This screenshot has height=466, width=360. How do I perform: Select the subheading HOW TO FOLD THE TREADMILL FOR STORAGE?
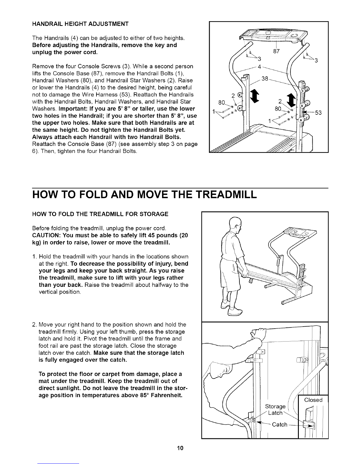100,214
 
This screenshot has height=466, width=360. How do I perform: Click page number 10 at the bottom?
180,448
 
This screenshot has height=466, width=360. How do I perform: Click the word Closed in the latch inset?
314,400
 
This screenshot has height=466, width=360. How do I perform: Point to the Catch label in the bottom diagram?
279,424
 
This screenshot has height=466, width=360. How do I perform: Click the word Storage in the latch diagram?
275,406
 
